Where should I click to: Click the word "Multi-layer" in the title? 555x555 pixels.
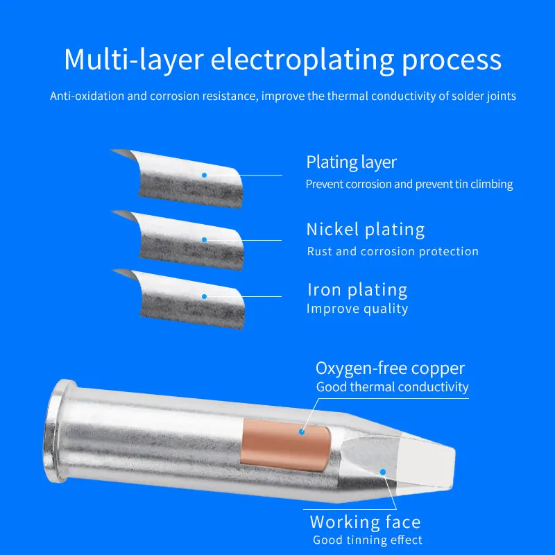[133, 60]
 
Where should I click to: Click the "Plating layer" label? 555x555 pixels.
[351, 162]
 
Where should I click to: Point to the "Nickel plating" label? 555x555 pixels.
[365, 230]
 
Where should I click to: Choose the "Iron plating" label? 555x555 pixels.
[357, 289]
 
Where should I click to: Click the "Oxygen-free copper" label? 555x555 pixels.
[390, 368]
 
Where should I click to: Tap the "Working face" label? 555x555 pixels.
[365, 522]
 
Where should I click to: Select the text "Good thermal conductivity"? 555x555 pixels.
[392, 387]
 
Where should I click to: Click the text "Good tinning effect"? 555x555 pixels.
[367, 540]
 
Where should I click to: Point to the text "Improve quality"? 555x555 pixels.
[357, 309]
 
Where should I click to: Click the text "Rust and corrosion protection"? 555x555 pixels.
[392, 251]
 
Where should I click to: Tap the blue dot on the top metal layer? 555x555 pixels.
[204, 175]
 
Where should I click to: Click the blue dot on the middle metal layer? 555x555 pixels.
[204, 240]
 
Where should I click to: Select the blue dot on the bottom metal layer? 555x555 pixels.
[204, 296]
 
